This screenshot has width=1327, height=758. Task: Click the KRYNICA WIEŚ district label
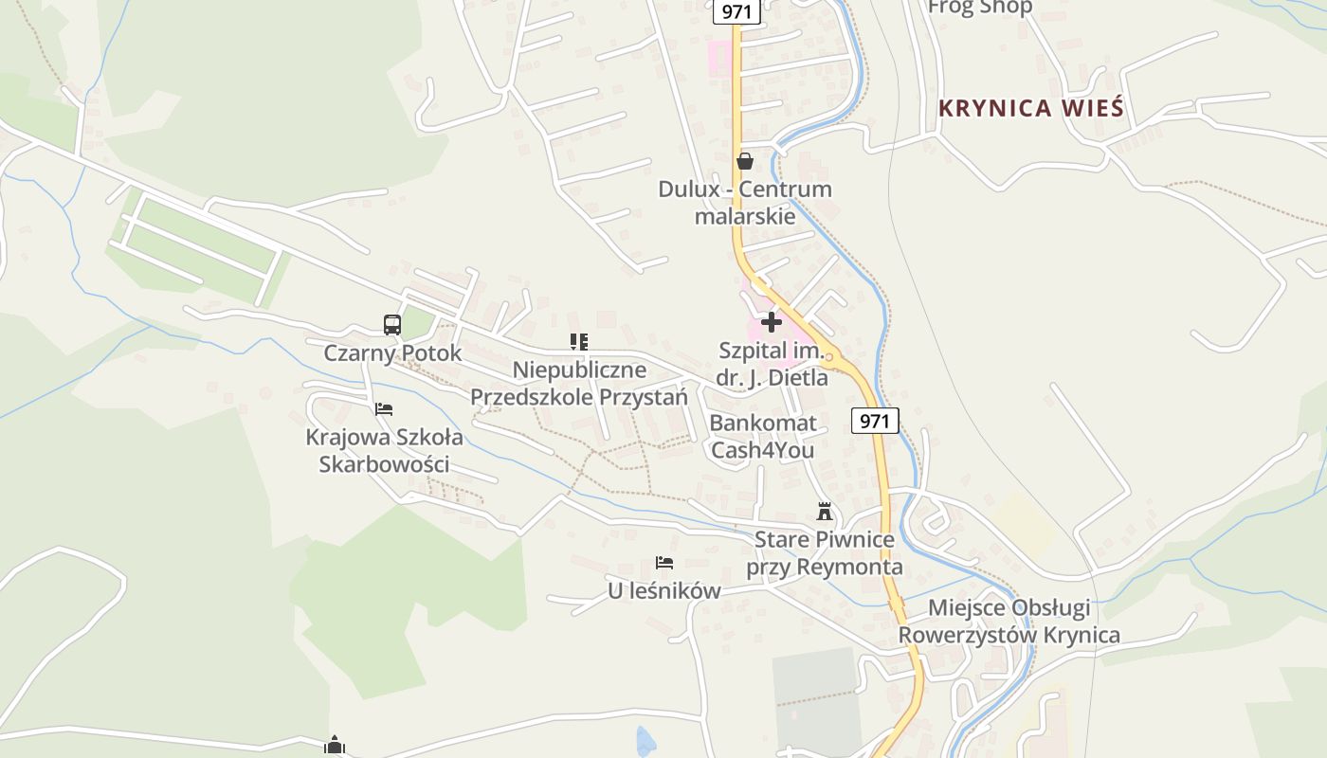pyautogui.click(x=1030, y=108)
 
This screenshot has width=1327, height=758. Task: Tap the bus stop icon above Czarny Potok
pyautogui.click(x=392, y=325)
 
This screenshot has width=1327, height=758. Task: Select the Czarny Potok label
pyautogui.click(x=392, y=353)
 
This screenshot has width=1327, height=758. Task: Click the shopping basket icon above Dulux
pyautogui.click(x=745, y=161)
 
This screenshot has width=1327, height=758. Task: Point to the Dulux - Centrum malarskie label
pyautogui.click(x=745, y=202)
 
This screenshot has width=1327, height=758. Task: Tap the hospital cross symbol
pyautogui.click(x=772, y=322)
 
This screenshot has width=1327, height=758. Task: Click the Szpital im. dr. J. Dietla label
pyautogui.click(x=773, y=364)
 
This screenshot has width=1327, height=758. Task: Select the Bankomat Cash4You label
pyautogui.click(x=762, y=436)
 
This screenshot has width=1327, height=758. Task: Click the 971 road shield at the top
pyautogui.click(x=736, y=11)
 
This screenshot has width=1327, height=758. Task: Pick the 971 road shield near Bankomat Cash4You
pyautogui.click(x=874, y=420)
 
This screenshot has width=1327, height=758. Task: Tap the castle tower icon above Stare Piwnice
pyautogui.click(x=825, y=512)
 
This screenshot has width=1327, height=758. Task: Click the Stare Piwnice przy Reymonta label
pyautogui.click(x=824, y=553)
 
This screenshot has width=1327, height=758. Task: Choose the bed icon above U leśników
pyautogui.click(x=664, y=563)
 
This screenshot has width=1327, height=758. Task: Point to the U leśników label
pyautogui.click(x=663, y=591)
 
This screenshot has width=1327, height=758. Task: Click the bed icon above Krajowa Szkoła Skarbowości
pyautogui.click(x=384, y=409)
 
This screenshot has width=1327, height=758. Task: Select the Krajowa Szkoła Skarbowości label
pyautogui.click(x=384, y=451)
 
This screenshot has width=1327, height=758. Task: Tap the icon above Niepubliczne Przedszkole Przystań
pyautogui.click(x=579, y=341)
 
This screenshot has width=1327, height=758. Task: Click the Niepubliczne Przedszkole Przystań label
pyautogui.click(x=579, y=383)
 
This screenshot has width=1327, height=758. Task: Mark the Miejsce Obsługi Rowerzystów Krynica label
pyautogui.click(x=1009, y=621)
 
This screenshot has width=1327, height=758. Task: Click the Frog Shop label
pyautogui.click(x=979, y=8)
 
